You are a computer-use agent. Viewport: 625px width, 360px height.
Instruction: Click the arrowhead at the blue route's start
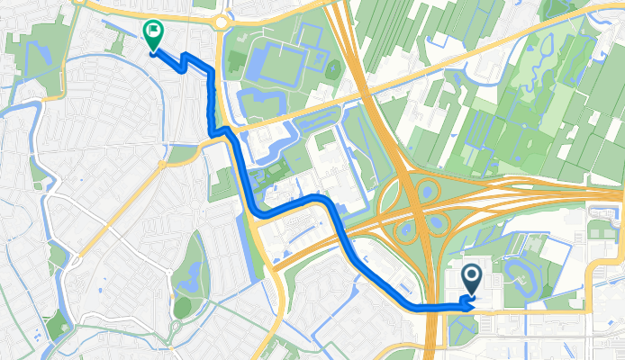[467, 304]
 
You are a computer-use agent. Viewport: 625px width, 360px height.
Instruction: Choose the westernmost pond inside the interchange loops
[405, 231]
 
